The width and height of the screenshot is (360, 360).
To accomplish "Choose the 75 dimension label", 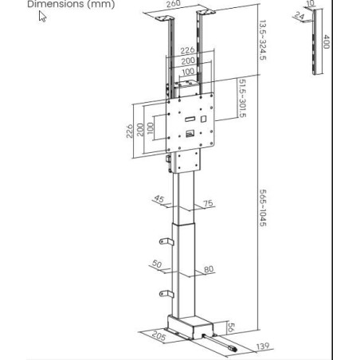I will click(208, 204).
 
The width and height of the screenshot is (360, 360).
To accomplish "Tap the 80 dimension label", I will click(209, 268).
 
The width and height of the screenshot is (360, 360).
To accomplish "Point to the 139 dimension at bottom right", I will click(262, 346).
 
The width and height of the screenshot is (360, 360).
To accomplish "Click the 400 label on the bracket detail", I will click(327, 41).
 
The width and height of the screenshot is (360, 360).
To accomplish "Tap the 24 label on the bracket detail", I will click(298, 16).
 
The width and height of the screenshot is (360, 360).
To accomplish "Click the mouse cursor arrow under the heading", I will click(42, 16).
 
